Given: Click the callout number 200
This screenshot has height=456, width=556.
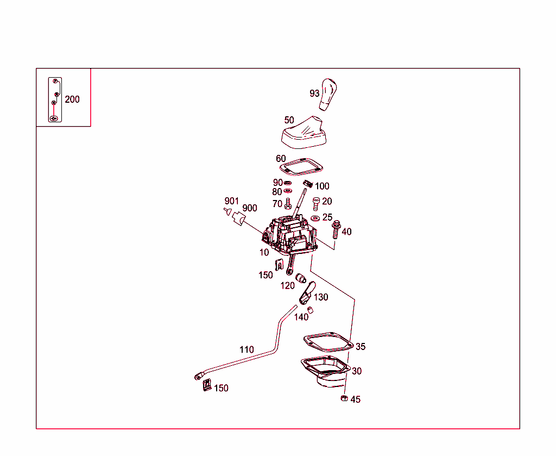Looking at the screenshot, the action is tap(72, 99).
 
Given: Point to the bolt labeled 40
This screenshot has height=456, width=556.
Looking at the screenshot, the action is tap(336, 230).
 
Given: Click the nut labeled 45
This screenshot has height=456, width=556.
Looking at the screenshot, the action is tap(344, 399).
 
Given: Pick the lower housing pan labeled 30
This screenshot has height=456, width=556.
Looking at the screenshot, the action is tap(325, 371).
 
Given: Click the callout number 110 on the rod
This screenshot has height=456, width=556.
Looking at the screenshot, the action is tap(247, 349).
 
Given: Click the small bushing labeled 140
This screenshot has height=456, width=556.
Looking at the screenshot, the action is tap(310, 310).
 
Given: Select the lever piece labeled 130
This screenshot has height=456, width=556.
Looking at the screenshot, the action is tap(307, 293).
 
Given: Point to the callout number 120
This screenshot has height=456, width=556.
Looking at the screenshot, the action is tap(287, 286).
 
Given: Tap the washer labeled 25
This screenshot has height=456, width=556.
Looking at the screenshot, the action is tap(315, 218).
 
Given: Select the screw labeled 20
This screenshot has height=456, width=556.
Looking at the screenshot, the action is tap(316, 203).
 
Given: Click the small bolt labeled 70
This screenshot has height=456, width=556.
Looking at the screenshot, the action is tap(288, 204).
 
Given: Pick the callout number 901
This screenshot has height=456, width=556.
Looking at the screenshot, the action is tap(232, 201).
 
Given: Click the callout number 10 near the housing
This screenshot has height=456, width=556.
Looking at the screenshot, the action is tap(264, 252).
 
